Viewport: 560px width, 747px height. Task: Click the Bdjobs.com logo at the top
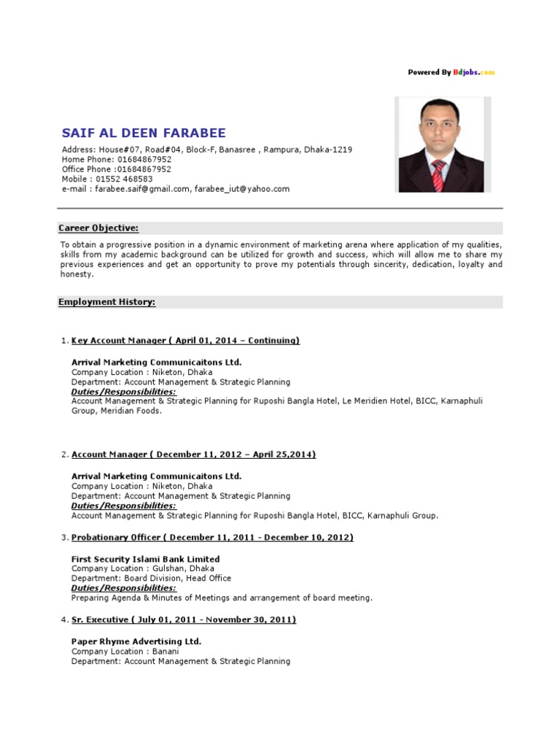tap(473, 72)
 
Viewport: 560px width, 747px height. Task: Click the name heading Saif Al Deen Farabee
tap(144, 133)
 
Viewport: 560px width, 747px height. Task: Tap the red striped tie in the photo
tap(438, 175)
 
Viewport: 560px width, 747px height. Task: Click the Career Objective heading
tap(98, 228)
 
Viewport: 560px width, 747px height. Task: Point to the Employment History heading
tap(106, 302)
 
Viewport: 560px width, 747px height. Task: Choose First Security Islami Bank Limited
tap(145, 560)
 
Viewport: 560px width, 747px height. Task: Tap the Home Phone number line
tap(117, 159)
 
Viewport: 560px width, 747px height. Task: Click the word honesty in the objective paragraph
tap(75, 274)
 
